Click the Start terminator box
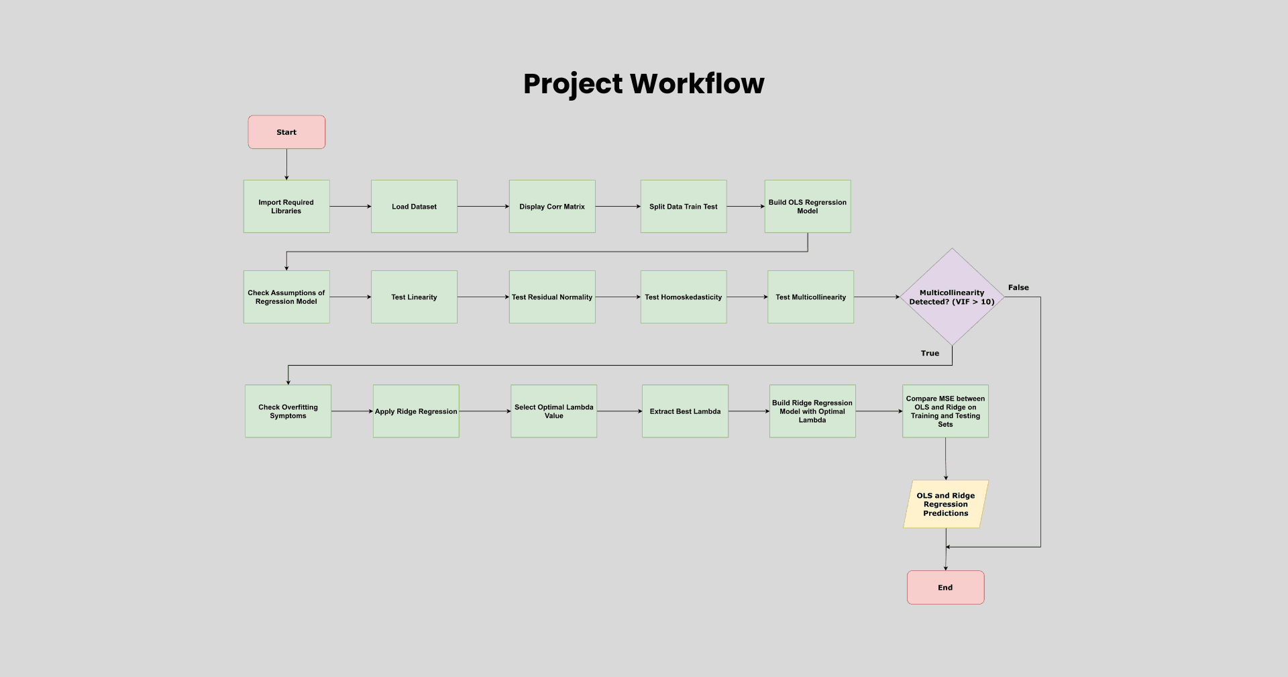pos(286,132)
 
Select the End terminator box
pos(945,587)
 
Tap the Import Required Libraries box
pos(286,207)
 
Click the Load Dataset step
pos(414,207)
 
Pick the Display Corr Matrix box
pos(552,207)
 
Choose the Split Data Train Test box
pos(684,207)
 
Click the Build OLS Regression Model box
pos(808,207)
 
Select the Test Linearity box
pos(414,297)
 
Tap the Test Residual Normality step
pos(552,297)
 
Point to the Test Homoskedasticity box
pos(684,297)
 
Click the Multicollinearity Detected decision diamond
pos(952,297)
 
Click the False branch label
pos(1018,288)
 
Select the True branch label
pos(930,354)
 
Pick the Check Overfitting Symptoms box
pos(288,411)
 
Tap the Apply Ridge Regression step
pos(416,411)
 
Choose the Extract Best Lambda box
pos(685,411)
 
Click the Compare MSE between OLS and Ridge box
pos(945,411)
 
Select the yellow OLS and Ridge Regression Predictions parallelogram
pos(946,504)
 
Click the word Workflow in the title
pos(697,84)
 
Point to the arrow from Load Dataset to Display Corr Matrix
pos(483,207)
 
